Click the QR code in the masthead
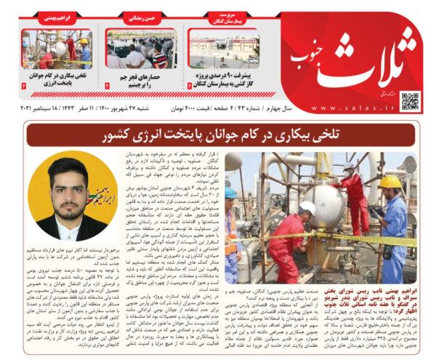[411, 100]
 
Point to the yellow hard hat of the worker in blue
[390, 182]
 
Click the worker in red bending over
[289, 240]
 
